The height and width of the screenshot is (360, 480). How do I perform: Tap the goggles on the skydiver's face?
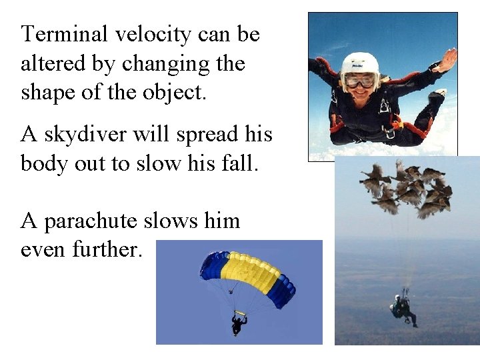coord(361,80)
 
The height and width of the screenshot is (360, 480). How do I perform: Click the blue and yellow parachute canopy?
coord(247,274)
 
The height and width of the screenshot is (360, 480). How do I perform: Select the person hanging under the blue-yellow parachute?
coord(238,323)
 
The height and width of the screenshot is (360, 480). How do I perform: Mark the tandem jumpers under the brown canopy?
coord(403,308)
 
